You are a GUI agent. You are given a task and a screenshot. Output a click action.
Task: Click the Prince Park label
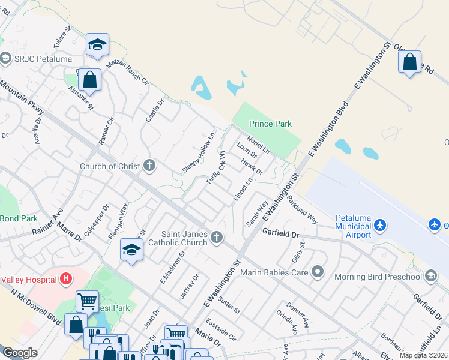click(270, 124)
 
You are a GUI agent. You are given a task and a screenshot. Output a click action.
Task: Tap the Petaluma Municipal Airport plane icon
click(379, 226)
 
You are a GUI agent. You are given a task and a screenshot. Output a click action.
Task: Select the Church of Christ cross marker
click(149, 166)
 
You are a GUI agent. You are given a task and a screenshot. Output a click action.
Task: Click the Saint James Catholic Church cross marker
click(217, 238)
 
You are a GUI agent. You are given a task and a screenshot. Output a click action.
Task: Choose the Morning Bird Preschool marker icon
click(430, 276)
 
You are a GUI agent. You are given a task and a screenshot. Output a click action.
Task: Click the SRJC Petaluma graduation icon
click(6, 58)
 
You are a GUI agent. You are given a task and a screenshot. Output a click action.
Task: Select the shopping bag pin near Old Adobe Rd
click(409, 62)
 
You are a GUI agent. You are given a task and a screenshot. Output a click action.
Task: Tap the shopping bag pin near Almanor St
click(89, 79)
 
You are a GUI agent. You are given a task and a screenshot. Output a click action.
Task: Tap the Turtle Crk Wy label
click(215, 167)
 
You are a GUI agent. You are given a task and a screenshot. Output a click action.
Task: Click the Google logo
click(20, 353)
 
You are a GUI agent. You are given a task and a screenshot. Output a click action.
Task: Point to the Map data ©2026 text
click(424, 355)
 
